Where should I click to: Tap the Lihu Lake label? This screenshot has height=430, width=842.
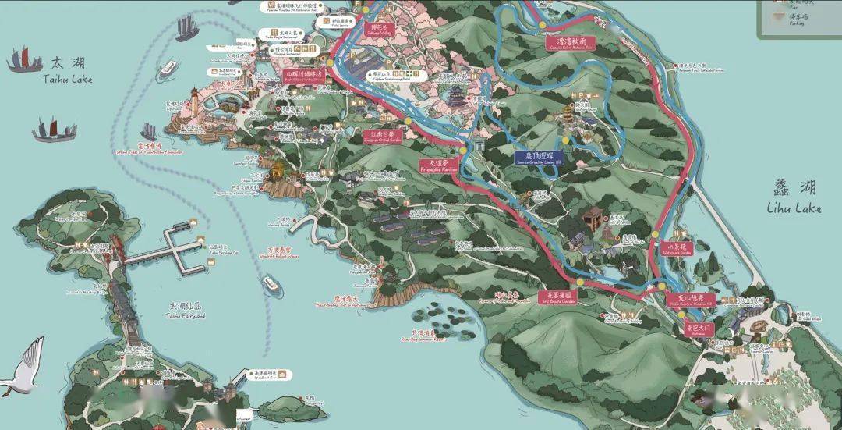click(794, 197)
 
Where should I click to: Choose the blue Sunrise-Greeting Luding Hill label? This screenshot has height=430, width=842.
click(538, 158)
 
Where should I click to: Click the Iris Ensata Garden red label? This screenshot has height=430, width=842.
click(558, 297)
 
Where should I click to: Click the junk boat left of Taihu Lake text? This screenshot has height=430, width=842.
click(24, 60)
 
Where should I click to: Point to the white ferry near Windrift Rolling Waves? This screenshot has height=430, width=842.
click(271, 284)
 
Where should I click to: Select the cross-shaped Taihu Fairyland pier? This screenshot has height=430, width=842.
click(184, 245)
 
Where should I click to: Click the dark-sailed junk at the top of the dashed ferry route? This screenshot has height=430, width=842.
click(186, 29)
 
